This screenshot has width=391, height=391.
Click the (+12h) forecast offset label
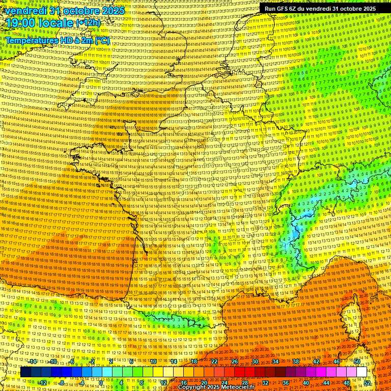click(88, 23)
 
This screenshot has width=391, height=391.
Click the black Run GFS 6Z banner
click(320, 8)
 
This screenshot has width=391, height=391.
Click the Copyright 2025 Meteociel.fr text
click(216, 387)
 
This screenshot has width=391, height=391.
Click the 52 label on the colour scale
click(367, 383)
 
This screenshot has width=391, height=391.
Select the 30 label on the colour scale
click(255, 361)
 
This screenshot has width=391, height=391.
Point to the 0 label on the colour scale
click(101, 383)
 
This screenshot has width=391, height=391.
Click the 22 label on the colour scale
click(214, 361)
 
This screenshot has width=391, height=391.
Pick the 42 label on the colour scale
click(316, 361)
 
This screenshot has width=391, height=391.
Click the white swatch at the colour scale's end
click(361, 372)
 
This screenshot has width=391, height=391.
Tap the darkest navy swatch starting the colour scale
click(25, 372)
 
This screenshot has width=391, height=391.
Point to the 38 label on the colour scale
click(295, 361)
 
